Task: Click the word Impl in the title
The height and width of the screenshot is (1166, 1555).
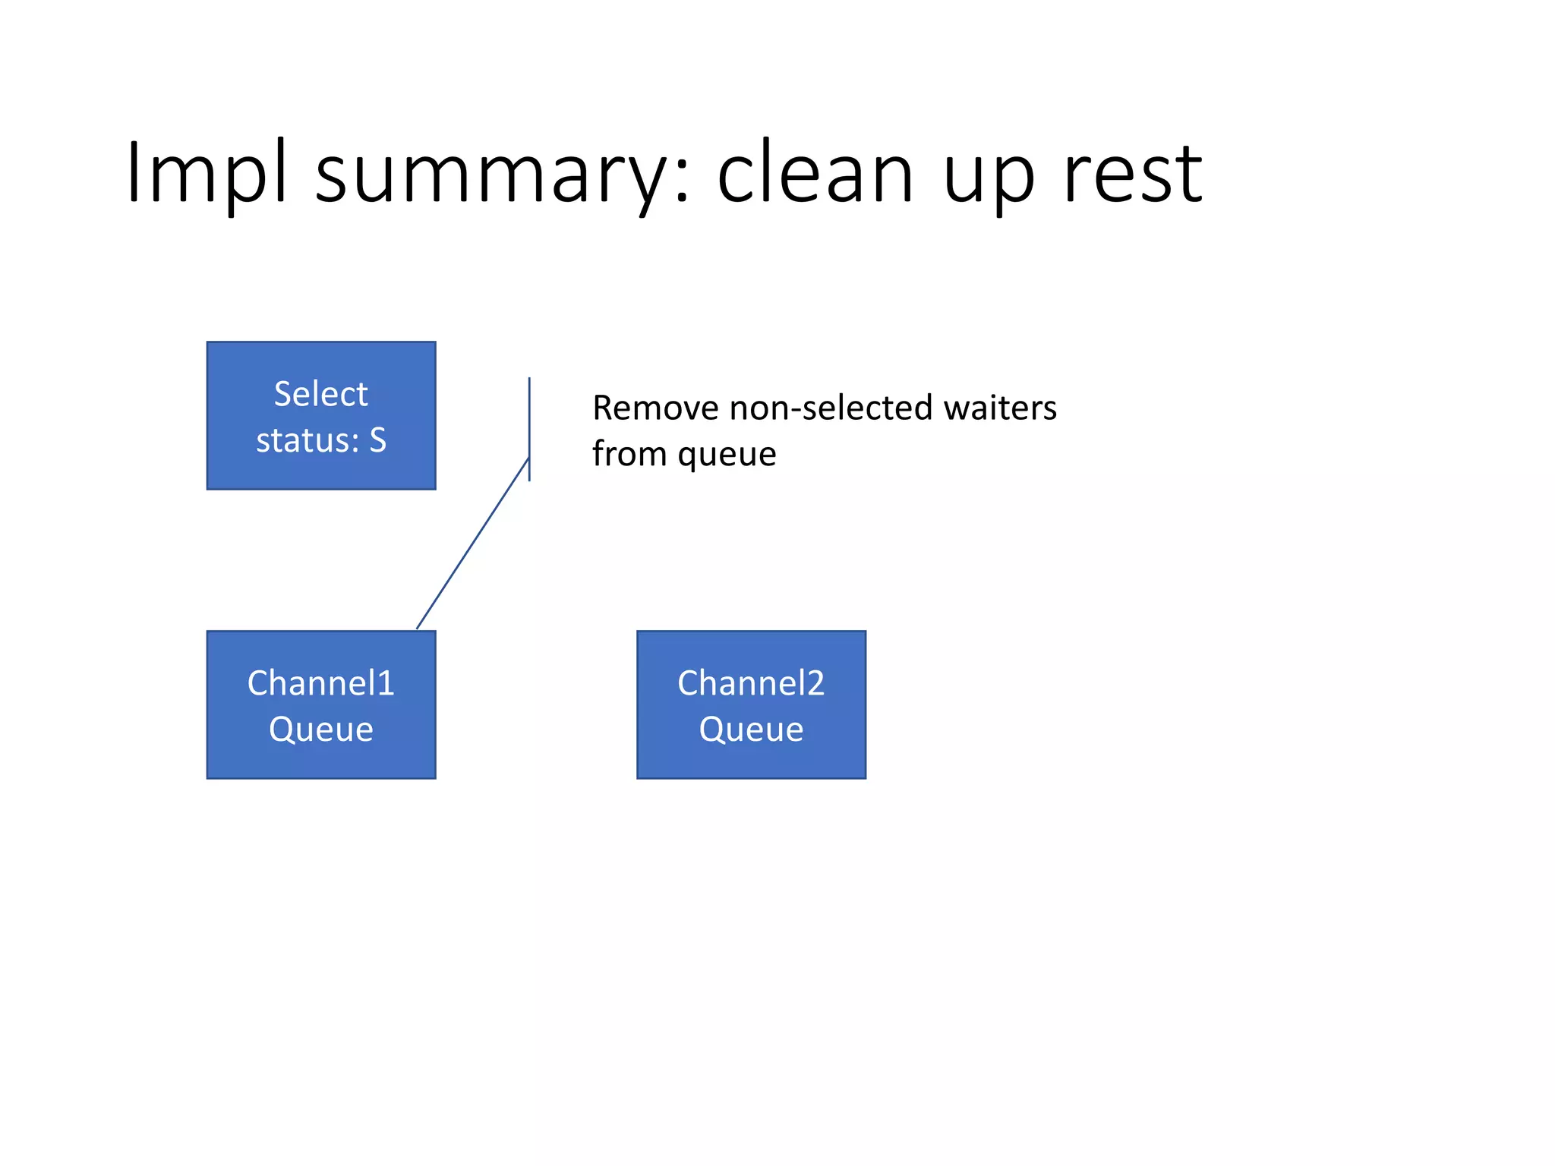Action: click(207, 173)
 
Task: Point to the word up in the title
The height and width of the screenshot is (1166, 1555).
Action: click(989, 179)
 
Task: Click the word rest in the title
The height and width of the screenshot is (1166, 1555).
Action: click(1132, 175)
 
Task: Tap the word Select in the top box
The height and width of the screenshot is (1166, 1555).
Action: click(320, 394)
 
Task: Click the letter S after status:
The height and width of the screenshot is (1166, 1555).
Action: click(377, 440)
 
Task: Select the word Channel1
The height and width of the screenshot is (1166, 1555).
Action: click(320, 683)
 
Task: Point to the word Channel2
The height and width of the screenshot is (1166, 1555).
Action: click(750, 683)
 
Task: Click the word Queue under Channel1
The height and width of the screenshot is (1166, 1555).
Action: click(320, 730)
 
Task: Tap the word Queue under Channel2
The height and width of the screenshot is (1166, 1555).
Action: click(750, 730)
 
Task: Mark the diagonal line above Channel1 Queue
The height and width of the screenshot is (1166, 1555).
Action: click(472, 544)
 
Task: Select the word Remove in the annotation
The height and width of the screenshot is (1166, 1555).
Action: click(655, 408)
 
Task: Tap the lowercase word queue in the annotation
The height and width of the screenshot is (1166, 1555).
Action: click(727, 455)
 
